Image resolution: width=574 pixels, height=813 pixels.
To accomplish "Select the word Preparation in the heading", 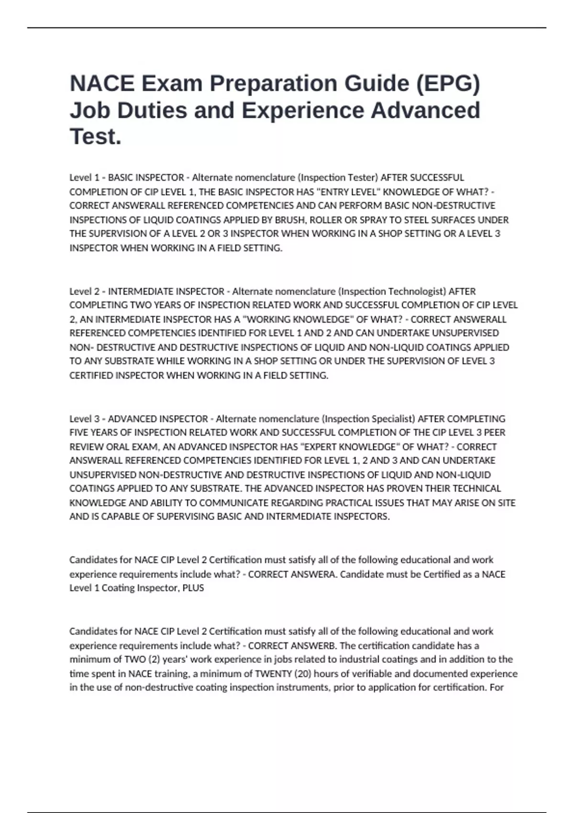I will tap(271, 84).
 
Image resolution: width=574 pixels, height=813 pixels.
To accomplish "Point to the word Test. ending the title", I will tap(96, 137).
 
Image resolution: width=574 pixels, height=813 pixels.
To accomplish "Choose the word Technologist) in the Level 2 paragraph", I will tap(417, 291).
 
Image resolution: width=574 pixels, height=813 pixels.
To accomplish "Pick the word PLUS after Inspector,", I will tap(193, 588).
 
